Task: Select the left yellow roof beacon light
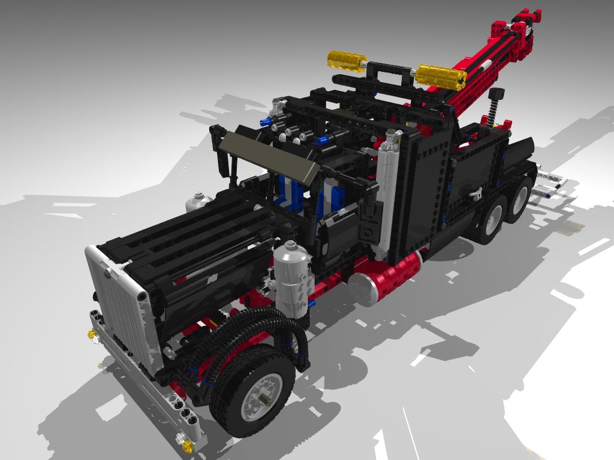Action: [347, 60]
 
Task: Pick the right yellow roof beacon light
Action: [440, 76]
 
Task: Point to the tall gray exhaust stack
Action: [387, 192]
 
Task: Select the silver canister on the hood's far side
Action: [199, 202]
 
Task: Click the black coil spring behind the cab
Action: [495, 108]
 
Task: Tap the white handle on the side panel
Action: [477, 193]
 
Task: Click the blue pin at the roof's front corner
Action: [264, 122]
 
